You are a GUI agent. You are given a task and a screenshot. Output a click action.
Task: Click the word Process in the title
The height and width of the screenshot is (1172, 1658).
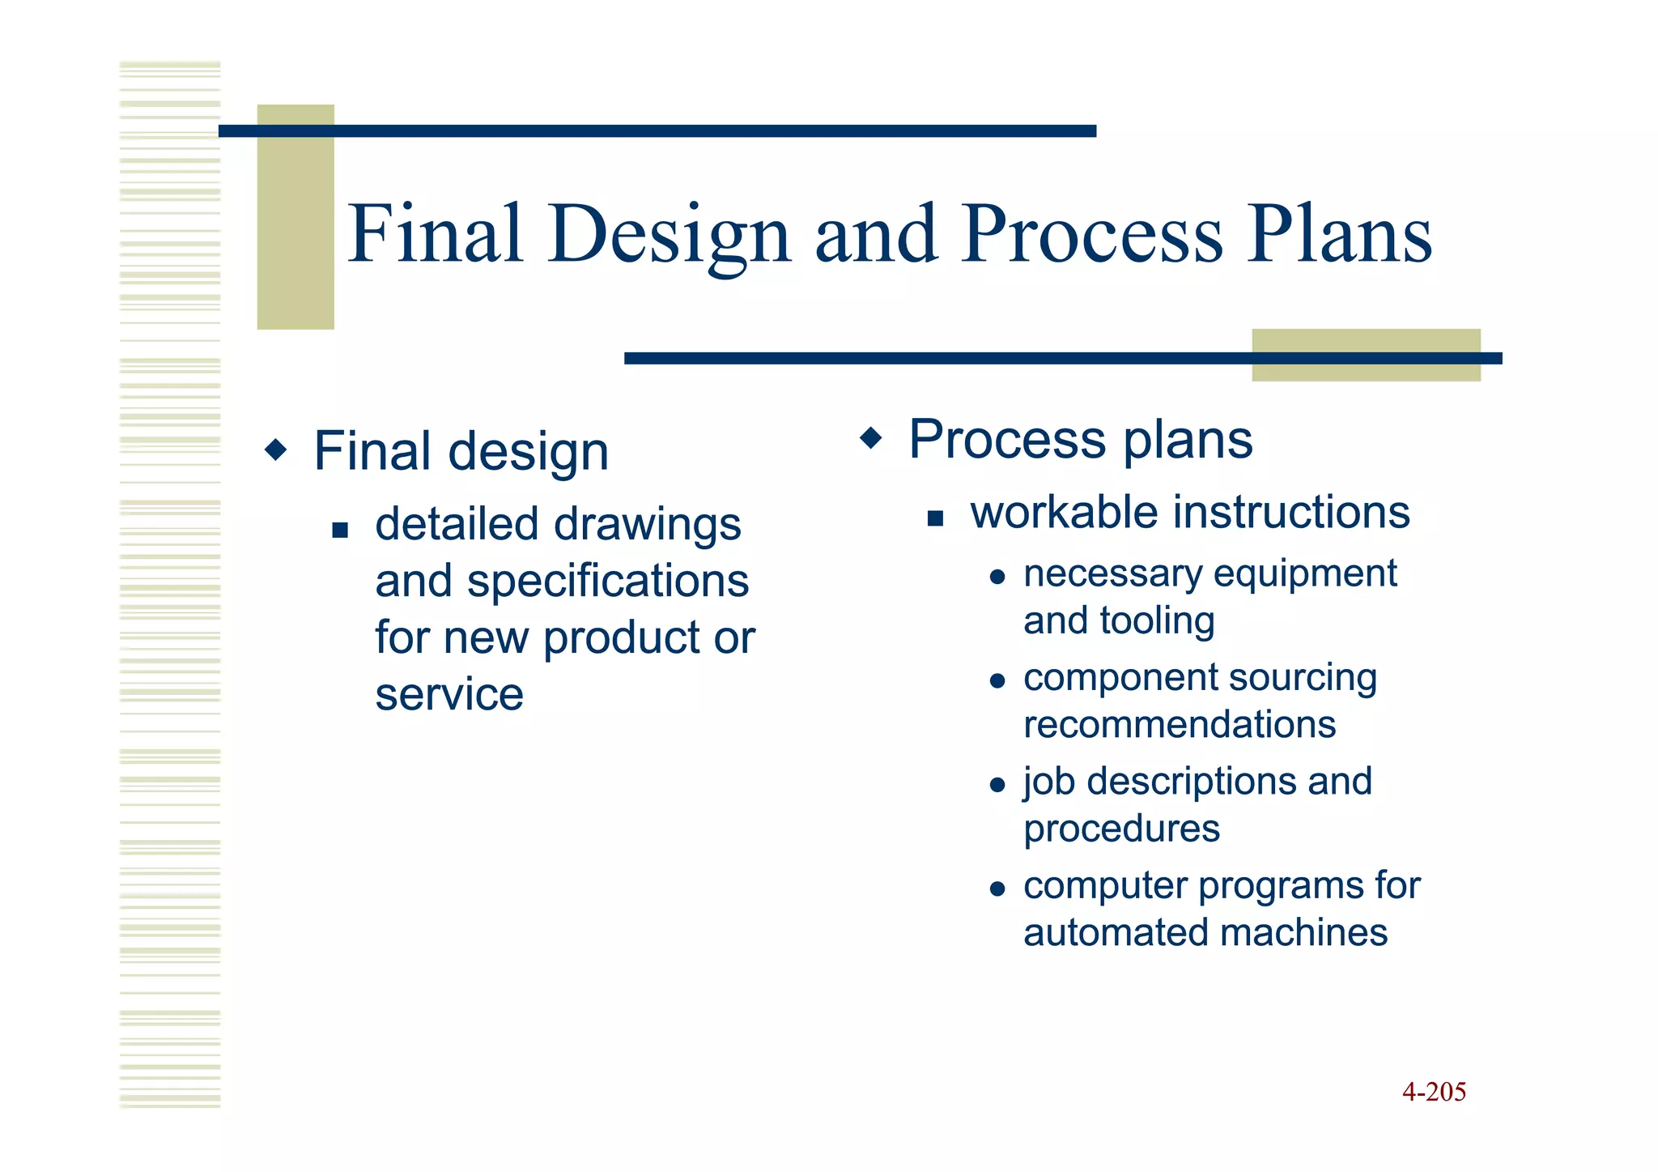point(1092,235)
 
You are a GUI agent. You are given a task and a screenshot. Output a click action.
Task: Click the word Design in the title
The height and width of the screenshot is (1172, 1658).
point(669,235)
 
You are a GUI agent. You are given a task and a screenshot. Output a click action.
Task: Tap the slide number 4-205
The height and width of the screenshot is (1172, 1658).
point(1434,1092)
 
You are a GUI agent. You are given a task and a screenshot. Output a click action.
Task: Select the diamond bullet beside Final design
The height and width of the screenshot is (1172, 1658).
point(276,450)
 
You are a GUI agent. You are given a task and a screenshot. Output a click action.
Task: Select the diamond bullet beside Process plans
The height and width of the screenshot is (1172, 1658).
point(871,438)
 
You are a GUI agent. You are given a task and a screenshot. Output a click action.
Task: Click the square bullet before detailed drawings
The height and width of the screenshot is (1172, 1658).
point(340,531)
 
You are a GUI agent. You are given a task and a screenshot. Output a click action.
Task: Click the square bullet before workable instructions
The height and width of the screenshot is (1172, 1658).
point(935,518)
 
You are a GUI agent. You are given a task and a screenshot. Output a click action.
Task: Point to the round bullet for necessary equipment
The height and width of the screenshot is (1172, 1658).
point(997,577)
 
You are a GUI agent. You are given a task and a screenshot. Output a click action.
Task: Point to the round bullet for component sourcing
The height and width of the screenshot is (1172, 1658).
point(997,681)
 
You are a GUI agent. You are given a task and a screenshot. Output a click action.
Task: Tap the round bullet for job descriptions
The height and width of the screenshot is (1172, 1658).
point(997,785)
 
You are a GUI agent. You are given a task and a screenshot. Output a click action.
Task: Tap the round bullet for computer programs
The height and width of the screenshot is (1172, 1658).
point(997,889)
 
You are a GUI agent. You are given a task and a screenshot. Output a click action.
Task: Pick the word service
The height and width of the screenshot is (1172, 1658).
point(449,695)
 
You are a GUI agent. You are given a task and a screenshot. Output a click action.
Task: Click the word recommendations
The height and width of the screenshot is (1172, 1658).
point(1180,724)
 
